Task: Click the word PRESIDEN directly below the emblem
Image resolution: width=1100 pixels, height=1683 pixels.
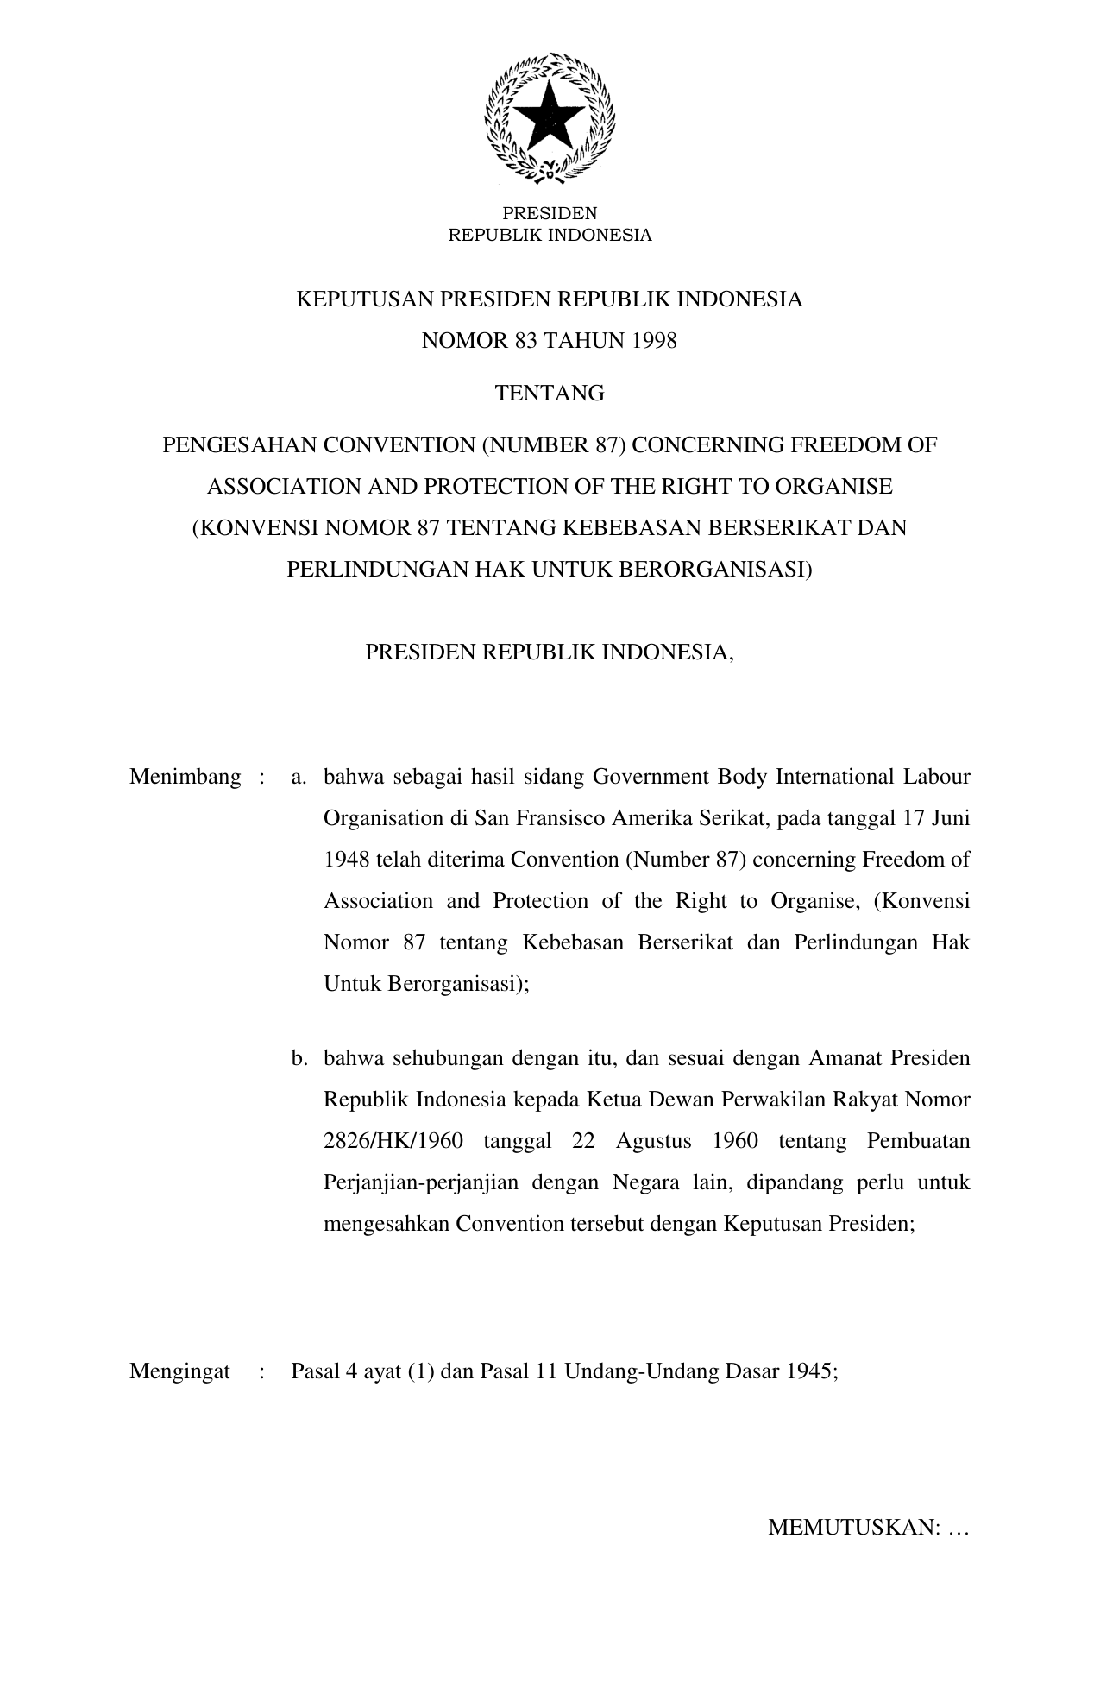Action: click(x=550, y=213)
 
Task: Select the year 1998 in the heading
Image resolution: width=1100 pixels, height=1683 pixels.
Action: click(x=654, y=341)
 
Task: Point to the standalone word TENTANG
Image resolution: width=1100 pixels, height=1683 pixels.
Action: click(x=550, y=394)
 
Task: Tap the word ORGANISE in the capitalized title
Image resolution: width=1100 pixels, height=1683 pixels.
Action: click(x=833, y=487)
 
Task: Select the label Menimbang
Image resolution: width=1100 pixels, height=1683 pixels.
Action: click(x=185, y=777)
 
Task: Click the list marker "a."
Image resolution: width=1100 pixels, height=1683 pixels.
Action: click(x=299, y=777)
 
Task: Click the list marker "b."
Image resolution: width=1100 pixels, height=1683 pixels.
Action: click(x=299, y=1058)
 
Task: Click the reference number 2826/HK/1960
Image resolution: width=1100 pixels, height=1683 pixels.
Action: click(x=393, y=1141)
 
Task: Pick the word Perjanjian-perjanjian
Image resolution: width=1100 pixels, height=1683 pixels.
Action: click(x=421, y=1182)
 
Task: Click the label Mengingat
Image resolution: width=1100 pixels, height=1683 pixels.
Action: click(x=180, y=1372)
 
